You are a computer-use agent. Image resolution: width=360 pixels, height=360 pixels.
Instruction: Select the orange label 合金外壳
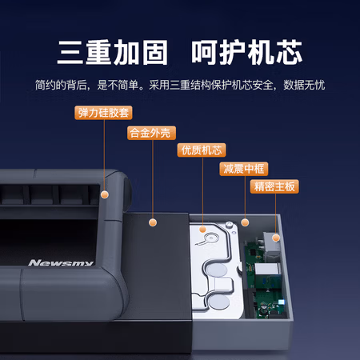point(150,132)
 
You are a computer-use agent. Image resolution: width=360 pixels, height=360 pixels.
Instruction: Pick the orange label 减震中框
point(244,169)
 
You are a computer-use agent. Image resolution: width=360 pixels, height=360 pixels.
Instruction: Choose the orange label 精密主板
point(274,186)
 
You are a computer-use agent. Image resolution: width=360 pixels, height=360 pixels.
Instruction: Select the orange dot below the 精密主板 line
point(275,237)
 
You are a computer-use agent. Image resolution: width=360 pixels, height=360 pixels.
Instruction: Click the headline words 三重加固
point(112,51)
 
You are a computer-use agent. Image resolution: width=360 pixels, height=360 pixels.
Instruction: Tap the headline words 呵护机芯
point(246,51)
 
